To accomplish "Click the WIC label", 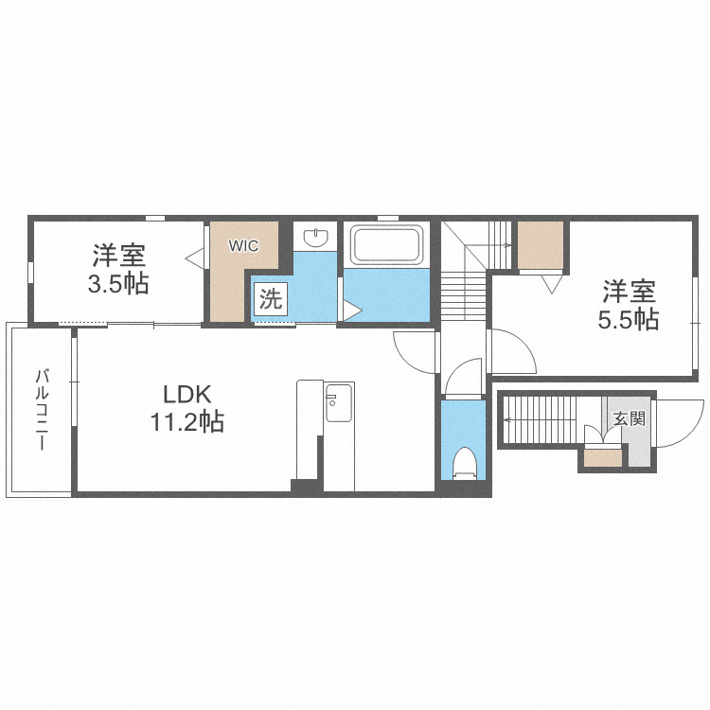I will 243,245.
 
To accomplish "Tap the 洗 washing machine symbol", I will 271,301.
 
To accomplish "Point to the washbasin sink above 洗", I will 314,236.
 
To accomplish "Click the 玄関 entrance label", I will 629,418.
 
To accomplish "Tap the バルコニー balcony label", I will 43,409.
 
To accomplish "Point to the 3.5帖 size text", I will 118,283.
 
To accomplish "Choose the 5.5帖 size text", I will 627,319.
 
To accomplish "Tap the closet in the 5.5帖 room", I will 541,245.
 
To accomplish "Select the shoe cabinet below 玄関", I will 603,459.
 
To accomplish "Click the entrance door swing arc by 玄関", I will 679,424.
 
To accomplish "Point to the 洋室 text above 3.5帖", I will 118,255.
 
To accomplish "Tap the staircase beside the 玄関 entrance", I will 541,418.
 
